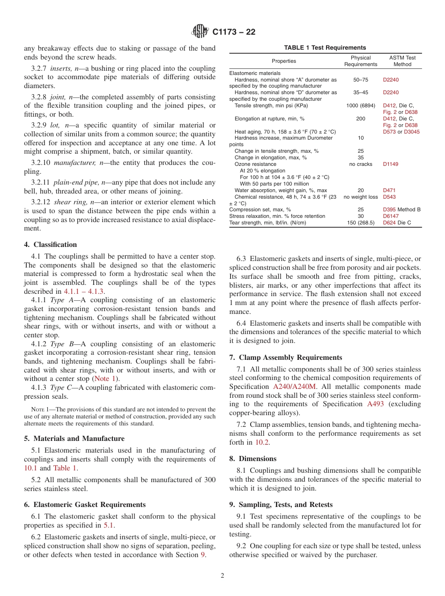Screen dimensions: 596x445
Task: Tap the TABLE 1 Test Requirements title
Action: (x=325, y=48)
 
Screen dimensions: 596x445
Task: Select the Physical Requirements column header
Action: (x=360, y=61)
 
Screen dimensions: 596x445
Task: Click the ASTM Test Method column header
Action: (x=402, y=61)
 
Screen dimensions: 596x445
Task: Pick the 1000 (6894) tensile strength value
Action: (x=360, y=106)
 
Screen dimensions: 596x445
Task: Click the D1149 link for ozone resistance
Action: (x=391, y=164)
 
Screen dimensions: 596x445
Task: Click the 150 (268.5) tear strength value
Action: (x=360, y=223)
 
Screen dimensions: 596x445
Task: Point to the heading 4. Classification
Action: (x=51, y=245)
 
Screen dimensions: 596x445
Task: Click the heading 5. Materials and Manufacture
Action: (x=74, y=439)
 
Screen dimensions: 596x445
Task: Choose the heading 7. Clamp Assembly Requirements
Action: (x=286, y=358)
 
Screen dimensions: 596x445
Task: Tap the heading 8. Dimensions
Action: (x=253, y=459)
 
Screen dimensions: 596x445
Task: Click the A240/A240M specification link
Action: (x=295, y=387)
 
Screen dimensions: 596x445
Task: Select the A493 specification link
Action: (x=375, y=404)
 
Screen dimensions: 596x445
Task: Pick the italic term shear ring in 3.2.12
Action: (x=70, y=202)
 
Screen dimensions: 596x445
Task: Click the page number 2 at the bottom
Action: (x=222, y=576)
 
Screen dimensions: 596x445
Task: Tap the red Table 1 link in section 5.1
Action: (x=65, y=468)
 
